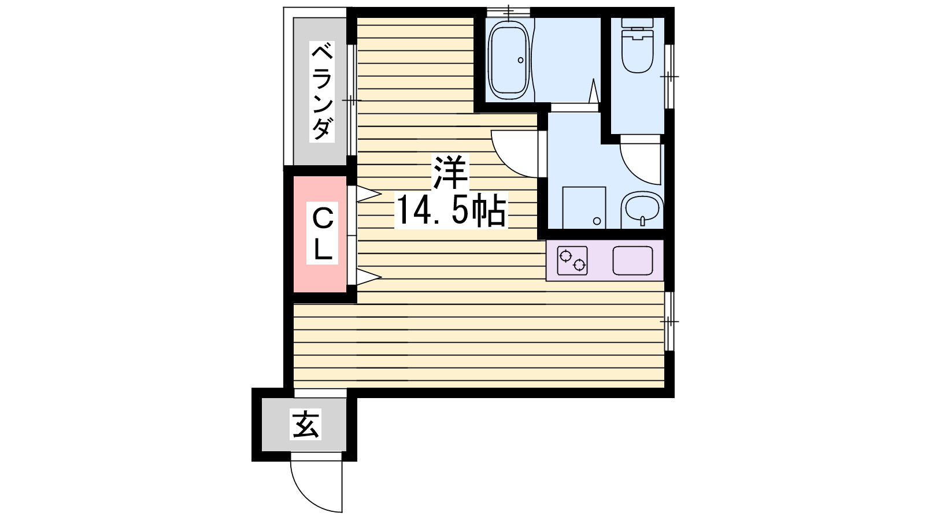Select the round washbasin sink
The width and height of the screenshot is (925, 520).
[x=642, y=208]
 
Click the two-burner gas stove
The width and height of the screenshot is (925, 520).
[x=572, y=261]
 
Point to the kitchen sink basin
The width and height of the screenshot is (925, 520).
[x=632, y=261]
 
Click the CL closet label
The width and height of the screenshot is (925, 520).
[x=322, y=234]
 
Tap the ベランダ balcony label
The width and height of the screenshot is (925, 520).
[x=322, y=91]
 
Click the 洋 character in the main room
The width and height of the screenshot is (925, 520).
[x=450, y=172]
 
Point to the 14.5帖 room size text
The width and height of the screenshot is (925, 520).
[x=450, y=210]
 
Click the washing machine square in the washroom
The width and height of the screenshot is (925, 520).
[x=584, y=207]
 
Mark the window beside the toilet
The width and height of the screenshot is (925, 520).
[x=669, y=76]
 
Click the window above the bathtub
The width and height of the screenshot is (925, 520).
[x=508, y=12]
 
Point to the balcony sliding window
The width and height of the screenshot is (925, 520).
[x=351, y=100]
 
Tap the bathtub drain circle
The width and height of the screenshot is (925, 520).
[x=520, y=60]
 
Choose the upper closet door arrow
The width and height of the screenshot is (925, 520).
[x=368, y=194]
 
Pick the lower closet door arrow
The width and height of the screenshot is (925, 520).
[x=368, y=277]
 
